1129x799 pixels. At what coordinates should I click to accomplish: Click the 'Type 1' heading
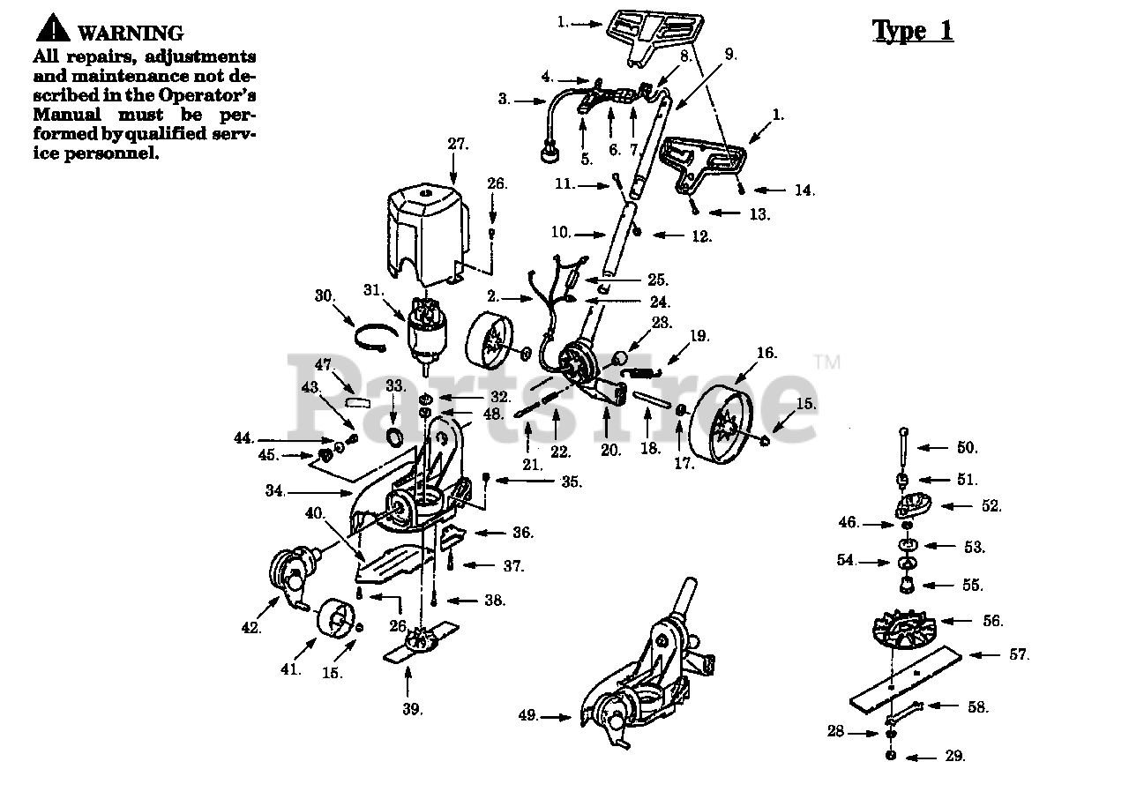click(912, 30)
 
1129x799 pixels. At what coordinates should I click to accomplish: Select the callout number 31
click(374, 290)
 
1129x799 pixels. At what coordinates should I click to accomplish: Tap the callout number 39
click(413, 708)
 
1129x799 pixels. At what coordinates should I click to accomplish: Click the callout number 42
click(250, 628)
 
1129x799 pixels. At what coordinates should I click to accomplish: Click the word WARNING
click(131, 34)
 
